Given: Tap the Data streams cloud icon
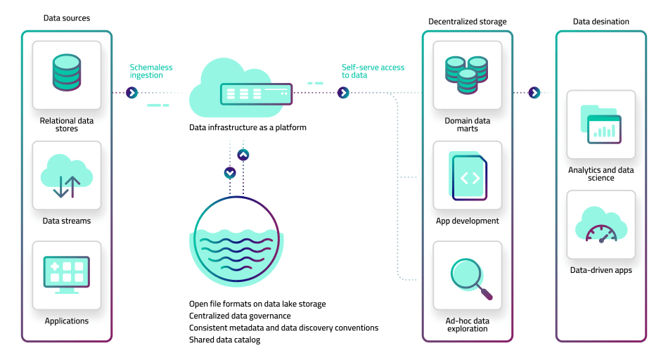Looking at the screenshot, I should pos(67,175).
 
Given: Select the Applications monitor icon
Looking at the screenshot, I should pos(67,275).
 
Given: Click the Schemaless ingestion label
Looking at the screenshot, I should pos(151,72).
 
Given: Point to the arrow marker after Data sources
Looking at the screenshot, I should pos(131,93).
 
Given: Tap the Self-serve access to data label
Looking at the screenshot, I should pos(373,72).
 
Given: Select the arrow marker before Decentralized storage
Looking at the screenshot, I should pos(343,93).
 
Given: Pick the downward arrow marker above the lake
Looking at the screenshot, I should pos(229,172).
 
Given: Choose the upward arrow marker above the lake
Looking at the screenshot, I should pos(243,154).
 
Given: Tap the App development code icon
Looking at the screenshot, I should pos(468,176).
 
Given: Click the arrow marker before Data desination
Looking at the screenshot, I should pos(534,93).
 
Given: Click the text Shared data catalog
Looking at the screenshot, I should pos(224,340).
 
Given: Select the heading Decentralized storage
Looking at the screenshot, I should pos(468,22).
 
